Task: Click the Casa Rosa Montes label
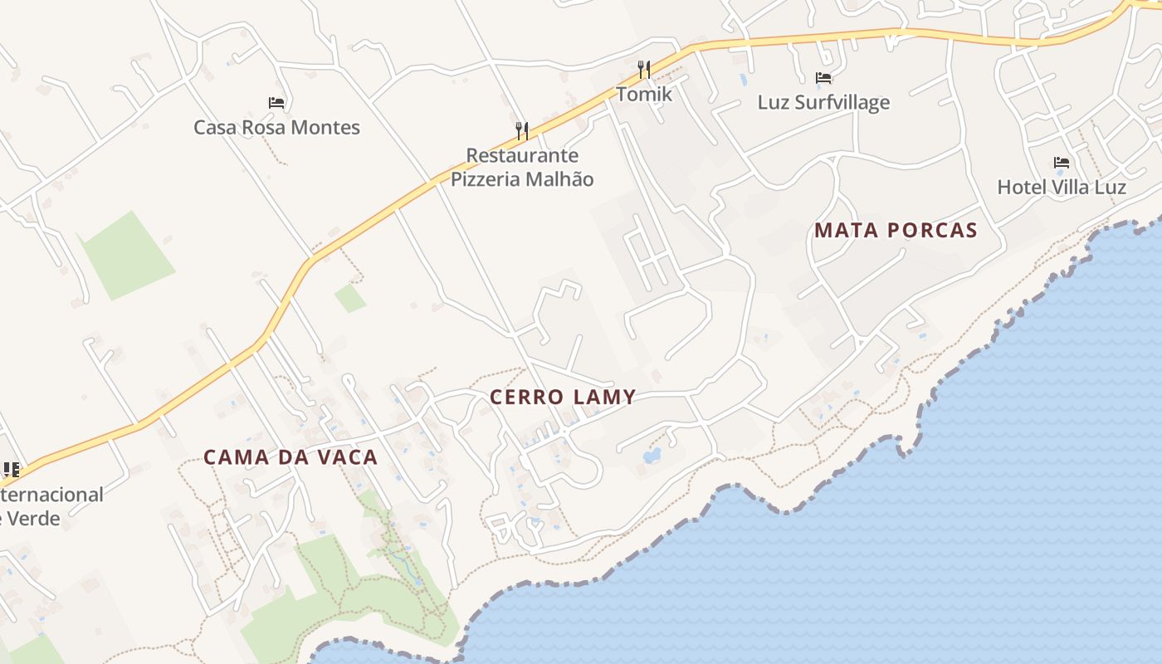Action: pyautogui.click(x=276, y=128)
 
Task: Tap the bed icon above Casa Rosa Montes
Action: pyautogui.click(x=276, y=103)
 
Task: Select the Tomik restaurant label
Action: pyautogui.click(x=644, y=95)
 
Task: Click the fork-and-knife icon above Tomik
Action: pyautogui.click(x=644, y=69)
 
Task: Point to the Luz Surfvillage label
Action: pyautogui.click(x=823, y=103)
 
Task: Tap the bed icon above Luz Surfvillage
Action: pyautogui.click(x=823, y=78)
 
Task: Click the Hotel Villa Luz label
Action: pyautogui.click(x=1061, y=188)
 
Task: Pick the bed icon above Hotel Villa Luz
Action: pyautogui.click(x=1061, y=162)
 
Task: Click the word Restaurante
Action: pyautogui.click(x=522, y=156)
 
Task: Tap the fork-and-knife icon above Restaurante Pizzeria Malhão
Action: pyautogui.click(x=522, y=130)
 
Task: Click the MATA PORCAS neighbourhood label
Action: pyautogui.click(x=896, y=231)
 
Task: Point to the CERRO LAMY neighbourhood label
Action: pyautogui.click(x=563, y=398)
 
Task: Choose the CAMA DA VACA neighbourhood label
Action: pyautogui.click(x=290, y=457)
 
